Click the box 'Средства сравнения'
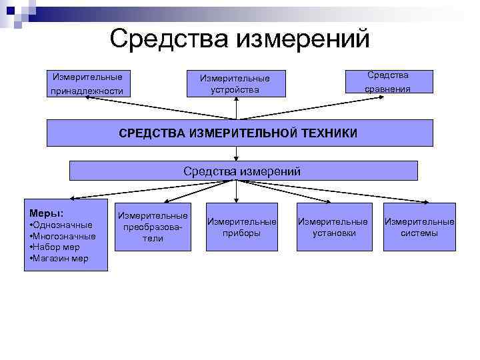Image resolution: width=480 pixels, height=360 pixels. click(x=389, y=82)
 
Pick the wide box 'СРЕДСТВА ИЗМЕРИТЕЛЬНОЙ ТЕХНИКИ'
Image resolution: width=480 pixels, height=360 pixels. click(x=239, y=133)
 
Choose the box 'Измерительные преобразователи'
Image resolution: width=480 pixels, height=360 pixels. click(x=153, y=227)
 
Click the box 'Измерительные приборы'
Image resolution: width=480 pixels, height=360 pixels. click(x=241, y=227)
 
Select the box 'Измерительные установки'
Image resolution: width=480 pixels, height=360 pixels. click(x=332, y=227)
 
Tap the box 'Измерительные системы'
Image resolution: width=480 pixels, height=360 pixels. click(x=419, y=227)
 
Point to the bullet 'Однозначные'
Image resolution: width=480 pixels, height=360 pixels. click(x=62, y=225)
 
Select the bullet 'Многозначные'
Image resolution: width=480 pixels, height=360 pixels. click(x=64, y=236)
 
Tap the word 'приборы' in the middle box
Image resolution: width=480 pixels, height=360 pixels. click(x=241, y=233)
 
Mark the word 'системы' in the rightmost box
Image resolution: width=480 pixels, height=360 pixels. click(x=419, y=233)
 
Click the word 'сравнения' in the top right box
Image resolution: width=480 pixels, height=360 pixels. click(x=389, y=89)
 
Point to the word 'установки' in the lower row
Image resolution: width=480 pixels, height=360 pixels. click(x=332, y=233)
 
